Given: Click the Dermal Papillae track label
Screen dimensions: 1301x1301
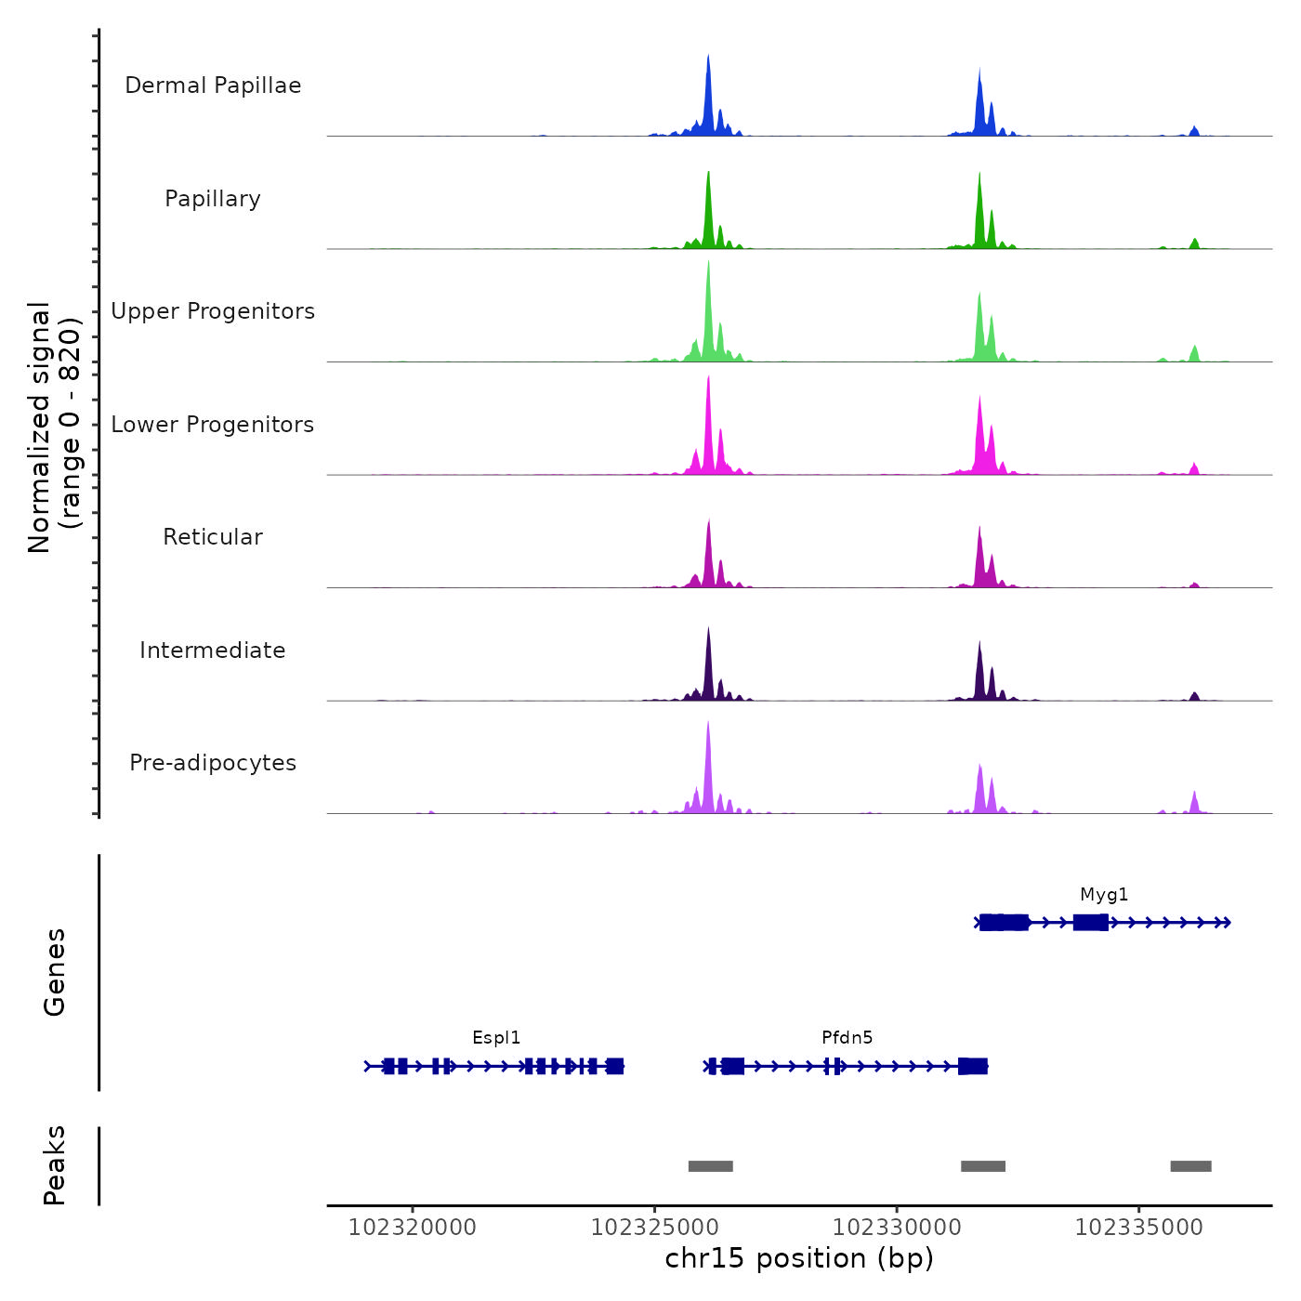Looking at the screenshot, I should click(213, 85).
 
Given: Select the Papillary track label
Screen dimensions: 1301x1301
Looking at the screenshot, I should click(213, 199).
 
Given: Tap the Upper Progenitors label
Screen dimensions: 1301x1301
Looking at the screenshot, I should click(213, 311).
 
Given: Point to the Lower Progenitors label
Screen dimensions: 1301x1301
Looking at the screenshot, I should click(213, 425).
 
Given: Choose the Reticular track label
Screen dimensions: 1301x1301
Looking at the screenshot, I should click(213, 537).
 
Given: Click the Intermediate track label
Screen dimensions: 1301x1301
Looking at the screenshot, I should click(213, 650).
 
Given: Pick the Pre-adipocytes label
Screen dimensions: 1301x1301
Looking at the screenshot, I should click(213, 763).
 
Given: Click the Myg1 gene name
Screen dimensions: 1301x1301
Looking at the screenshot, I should click(1104, 895).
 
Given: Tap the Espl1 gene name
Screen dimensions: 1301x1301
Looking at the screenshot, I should click(496, 1038).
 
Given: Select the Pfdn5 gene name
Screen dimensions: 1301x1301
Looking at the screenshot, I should click(847, 1038).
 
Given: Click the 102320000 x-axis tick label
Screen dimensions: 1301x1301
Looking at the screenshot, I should click(413, 1228).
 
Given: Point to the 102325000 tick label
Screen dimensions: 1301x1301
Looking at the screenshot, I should click(654, 1228).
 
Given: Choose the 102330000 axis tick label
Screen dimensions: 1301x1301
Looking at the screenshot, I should click(897, 1228).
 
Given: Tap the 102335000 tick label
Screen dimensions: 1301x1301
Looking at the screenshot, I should click(1138, 1228).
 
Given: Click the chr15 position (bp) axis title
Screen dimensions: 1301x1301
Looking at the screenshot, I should click(799, 1258).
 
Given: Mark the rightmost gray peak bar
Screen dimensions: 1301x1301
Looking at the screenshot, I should click(1190, 1166).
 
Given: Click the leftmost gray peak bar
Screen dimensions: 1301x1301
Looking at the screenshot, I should click(711, 1166).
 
